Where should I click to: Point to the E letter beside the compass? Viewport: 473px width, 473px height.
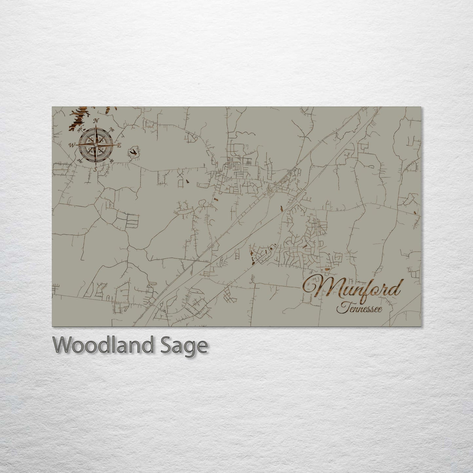[119, 145]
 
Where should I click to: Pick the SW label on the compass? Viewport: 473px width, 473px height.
[79, 160]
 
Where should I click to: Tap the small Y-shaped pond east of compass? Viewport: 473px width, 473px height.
[134, 152]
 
